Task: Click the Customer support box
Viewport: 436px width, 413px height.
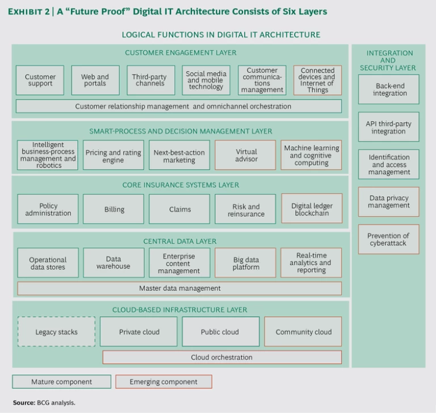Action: point(40,80)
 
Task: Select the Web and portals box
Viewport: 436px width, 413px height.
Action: point(95,80)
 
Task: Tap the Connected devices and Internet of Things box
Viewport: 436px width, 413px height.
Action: point(317,80)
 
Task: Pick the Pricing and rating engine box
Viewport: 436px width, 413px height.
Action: point(113,156)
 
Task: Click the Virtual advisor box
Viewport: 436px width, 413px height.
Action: point(246,155)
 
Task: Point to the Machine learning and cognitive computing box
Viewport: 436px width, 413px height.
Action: point(311,155)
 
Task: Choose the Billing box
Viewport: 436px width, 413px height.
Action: point(114,209)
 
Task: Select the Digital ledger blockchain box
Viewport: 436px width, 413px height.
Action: point(312,209)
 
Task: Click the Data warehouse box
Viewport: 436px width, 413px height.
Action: point(114,263)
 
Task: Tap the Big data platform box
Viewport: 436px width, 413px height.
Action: point(246,263)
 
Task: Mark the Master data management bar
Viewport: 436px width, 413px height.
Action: point(179,288)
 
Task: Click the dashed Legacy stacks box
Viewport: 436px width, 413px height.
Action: point(56,332)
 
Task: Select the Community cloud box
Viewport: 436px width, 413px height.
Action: point(303,332)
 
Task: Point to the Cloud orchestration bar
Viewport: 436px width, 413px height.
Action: point(222,357)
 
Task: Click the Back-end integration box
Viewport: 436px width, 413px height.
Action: point(389,89)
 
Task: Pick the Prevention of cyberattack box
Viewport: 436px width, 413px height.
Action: point(388,239)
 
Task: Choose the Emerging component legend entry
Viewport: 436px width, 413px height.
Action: point(163,382)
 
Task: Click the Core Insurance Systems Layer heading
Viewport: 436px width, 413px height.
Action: point(181,185)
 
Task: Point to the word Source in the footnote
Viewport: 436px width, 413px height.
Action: point(23,403)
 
